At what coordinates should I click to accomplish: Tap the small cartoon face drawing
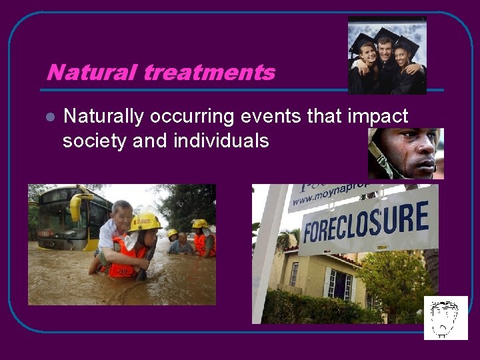[445, 318]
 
